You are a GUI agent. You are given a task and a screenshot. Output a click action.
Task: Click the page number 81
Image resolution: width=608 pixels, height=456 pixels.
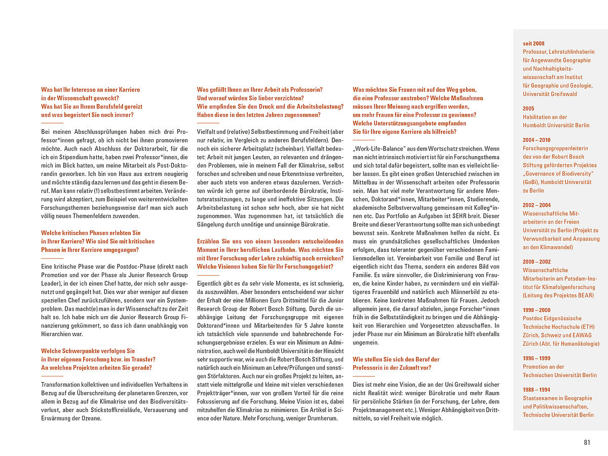pyautogui.click(x=587, y=442)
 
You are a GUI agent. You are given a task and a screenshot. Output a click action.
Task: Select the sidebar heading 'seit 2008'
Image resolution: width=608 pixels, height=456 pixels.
pyautogui.click(x=534, y=44)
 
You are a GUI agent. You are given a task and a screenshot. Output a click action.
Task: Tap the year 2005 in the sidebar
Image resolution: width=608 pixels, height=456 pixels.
pyautogui.click(x=528, y=108)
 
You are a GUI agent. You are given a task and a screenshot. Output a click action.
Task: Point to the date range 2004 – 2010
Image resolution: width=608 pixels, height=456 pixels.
pyautogui.click(x=537, y=140)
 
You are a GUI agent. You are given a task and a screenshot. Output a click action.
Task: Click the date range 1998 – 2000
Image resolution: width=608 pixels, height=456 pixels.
pyautogui.click(x=537, y=310)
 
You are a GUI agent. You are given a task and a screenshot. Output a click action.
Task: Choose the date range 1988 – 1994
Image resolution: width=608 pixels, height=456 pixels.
pyautogui.click(x=537, y=390)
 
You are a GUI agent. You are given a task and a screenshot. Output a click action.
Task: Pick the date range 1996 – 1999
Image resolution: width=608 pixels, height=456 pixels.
pyautogui.click(x=537, y=359)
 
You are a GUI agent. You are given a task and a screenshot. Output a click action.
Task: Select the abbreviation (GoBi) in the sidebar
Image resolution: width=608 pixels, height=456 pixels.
pyautogui.click(x=532, y=182)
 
